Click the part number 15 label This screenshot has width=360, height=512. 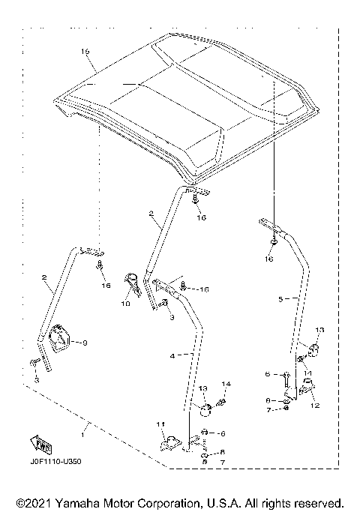pos(85,52)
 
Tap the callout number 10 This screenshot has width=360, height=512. pos(125,304)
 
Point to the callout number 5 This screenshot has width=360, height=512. pos(281,298)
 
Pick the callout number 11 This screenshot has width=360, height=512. pos(159,425)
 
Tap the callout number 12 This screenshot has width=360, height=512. pos(314,406)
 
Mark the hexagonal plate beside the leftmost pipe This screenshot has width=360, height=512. pos(61,341)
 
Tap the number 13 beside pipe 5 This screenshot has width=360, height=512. pos(319,330)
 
